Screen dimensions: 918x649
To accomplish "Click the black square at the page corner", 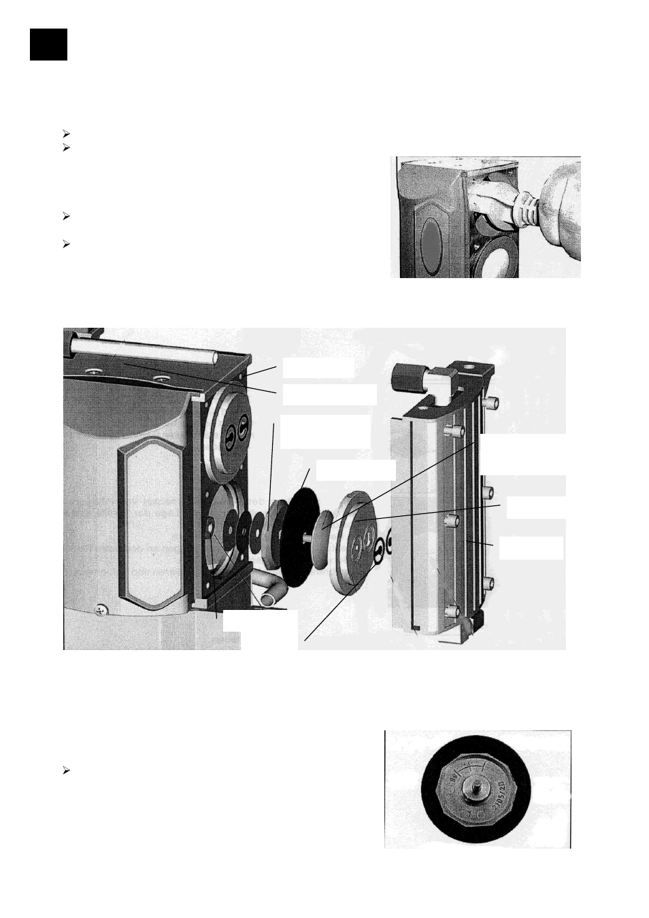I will [x=48, y=44].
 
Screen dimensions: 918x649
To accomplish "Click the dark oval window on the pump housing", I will [x=433, y=241].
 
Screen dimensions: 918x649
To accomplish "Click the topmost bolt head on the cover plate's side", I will [x=487, y=403].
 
